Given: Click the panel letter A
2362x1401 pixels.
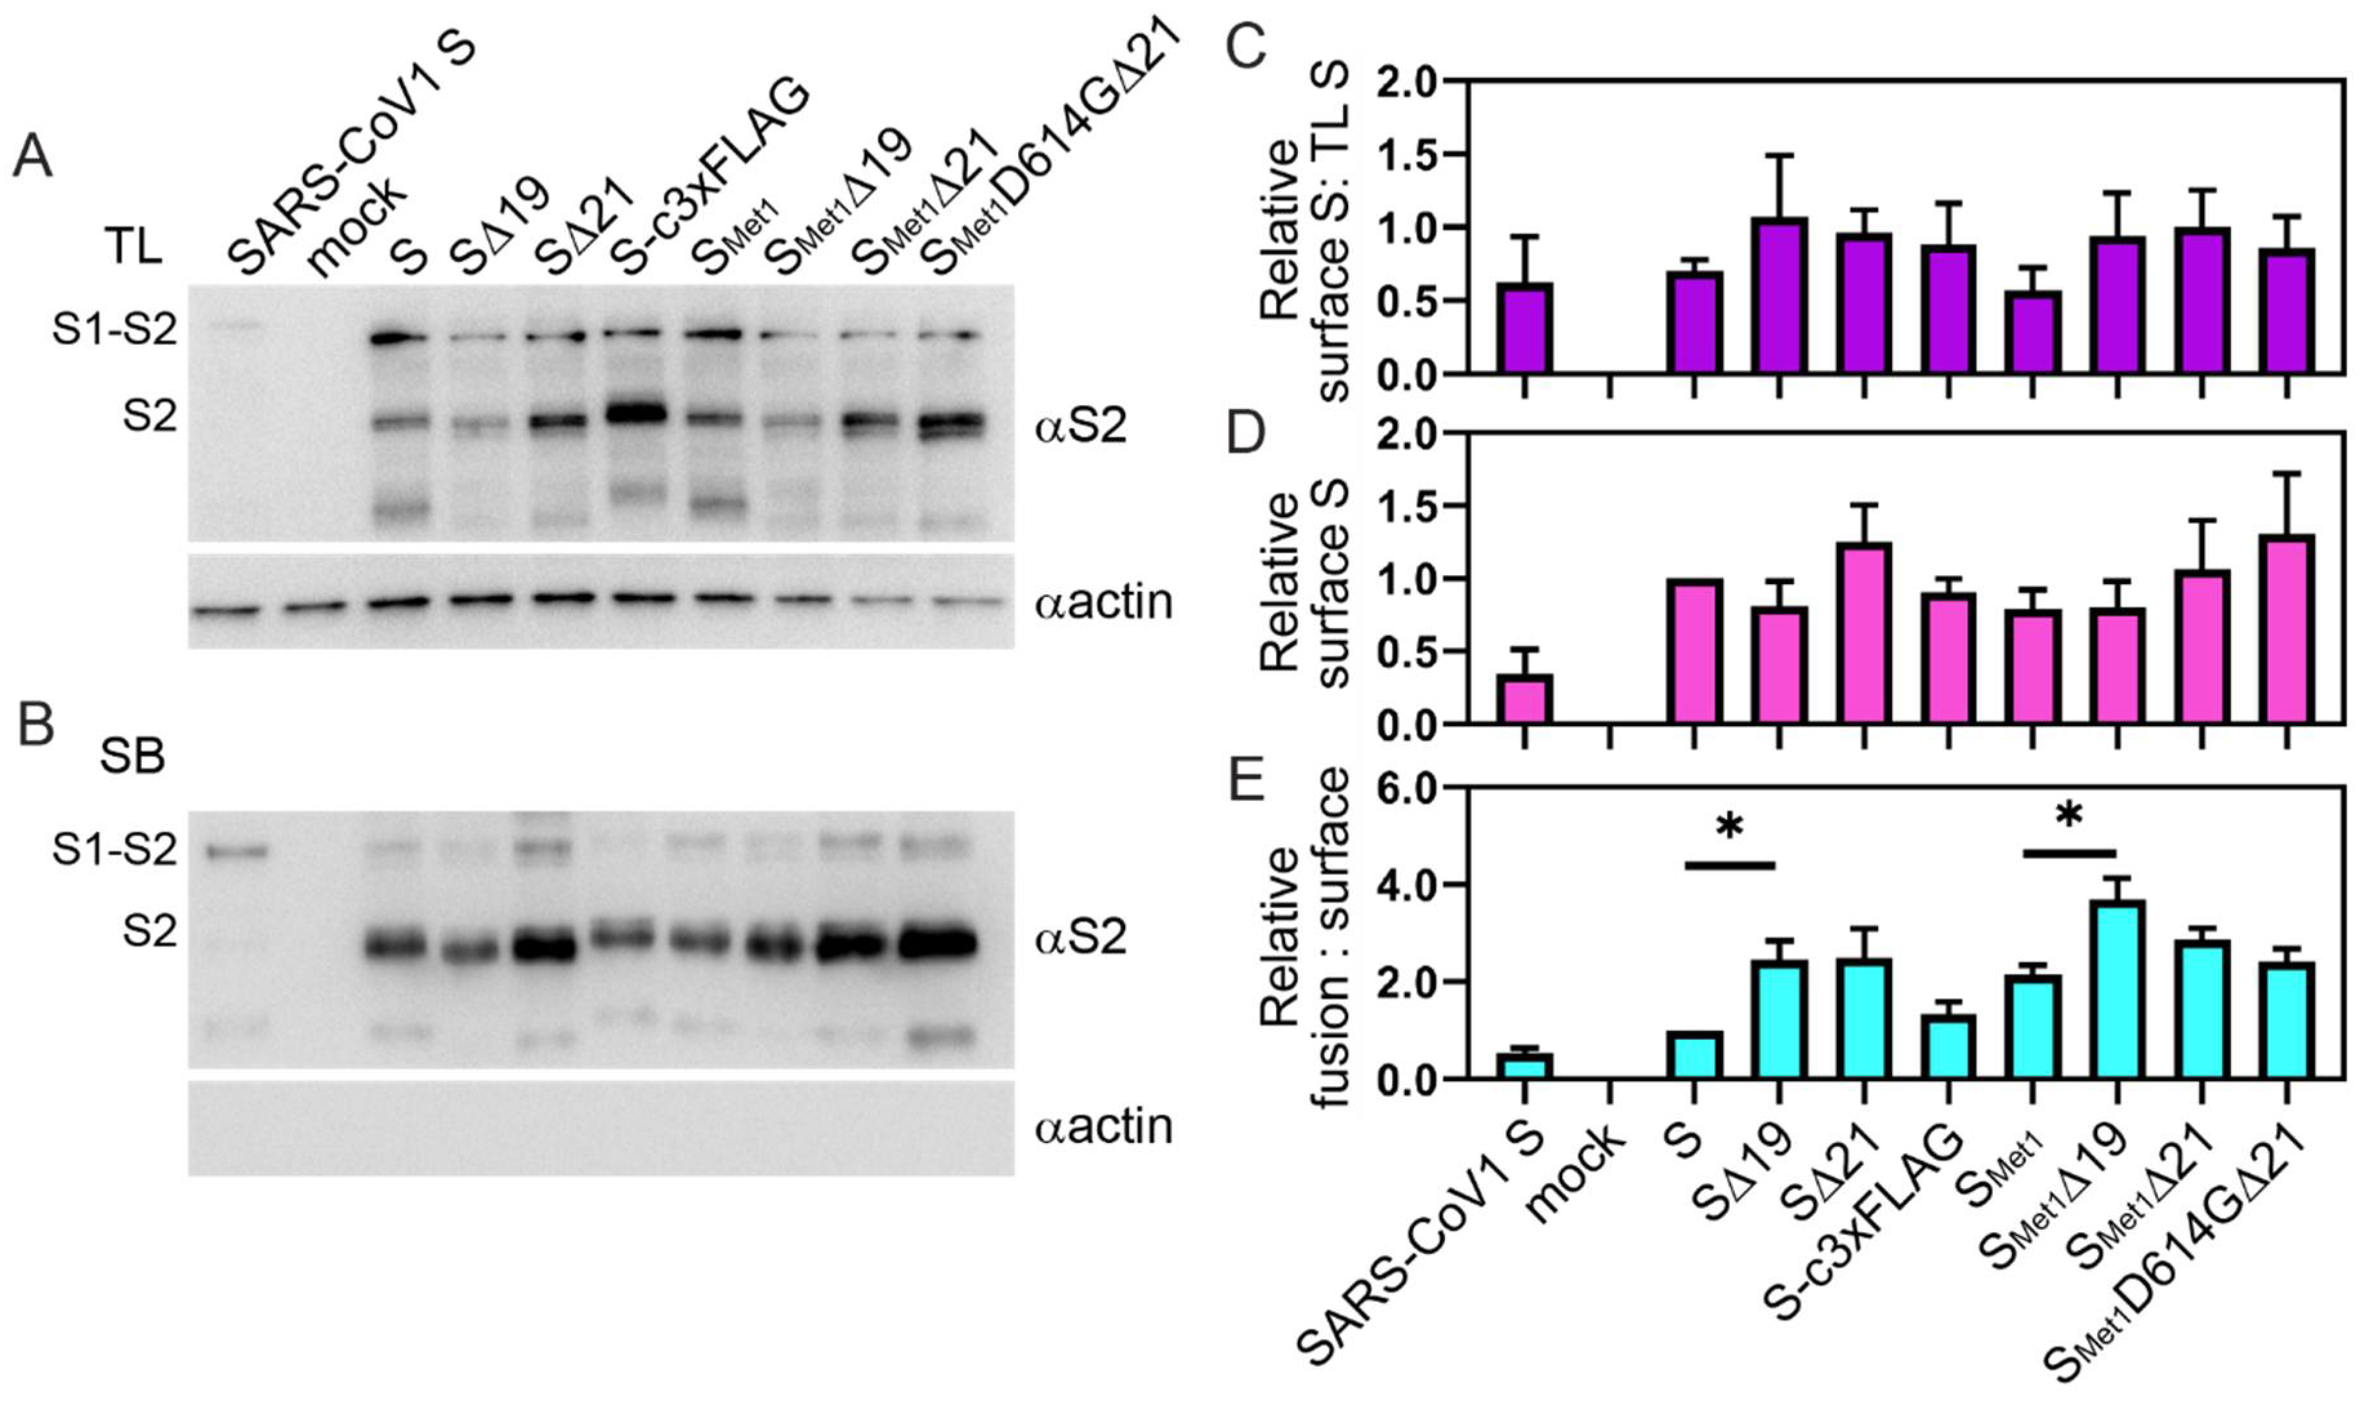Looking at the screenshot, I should coord(33,157).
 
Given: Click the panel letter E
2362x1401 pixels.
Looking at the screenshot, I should coord(1248,781).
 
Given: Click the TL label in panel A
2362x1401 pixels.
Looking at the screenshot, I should coord(133,248).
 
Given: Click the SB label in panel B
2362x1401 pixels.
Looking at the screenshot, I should coord(132,756).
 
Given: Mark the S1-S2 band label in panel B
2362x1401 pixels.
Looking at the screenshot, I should coord(114,850).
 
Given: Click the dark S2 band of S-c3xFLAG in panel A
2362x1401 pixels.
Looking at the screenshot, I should coord(636,413).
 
